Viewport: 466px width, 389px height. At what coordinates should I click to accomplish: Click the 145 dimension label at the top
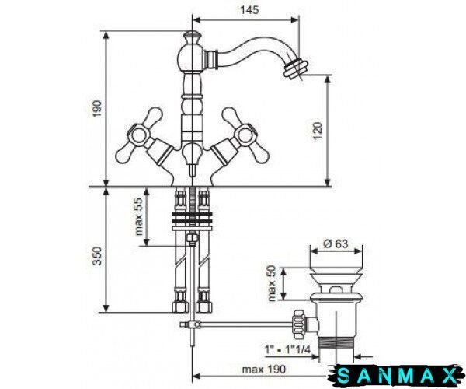[249, 10]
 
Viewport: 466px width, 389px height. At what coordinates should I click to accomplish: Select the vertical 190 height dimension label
[97, 109]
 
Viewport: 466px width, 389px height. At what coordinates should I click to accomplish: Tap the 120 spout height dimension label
[318, 131]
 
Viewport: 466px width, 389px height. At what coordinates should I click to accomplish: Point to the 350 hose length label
[97, 255]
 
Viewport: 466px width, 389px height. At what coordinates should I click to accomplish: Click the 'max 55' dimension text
[139, 216]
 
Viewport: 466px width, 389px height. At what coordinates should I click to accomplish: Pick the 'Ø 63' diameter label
[336, 244]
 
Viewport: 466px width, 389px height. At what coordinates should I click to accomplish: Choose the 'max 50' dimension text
[272, 283]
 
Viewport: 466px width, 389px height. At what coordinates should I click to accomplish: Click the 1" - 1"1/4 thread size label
[287, 349]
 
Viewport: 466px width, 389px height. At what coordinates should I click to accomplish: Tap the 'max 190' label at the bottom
[263, 370]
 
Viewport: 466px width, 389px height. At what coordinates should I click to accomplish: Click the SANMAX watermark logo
[396, 376]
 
